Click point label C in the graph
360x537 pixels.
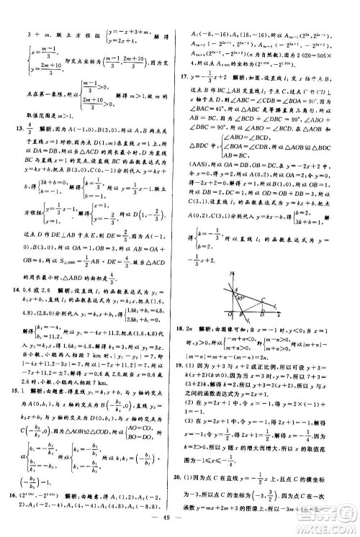(268, 285)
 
